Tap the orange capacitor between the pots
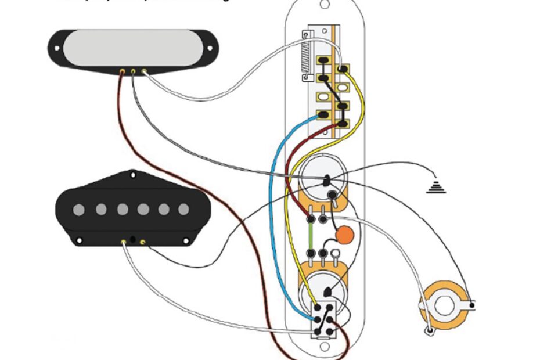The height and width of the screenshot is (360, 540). point(345,235)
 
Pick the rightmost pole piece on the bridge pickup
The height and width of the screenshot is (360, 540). point(183,209)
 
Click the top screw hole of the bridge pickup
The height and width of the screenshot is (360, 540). point(133,172)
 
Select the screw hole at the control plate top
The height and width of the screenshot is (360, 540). point(324,5)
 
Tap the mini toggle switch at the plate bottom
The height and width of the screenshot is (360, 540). point(324,320)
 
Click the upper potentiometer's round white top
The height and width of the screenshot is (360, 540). point(323,178)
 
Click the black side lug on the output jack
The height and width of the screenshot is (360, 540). point(473,304)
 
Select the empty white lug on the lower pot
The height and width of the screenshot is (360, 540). point(335,254)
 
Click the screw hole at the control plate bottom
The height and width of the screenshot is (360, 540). point(324,352)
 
